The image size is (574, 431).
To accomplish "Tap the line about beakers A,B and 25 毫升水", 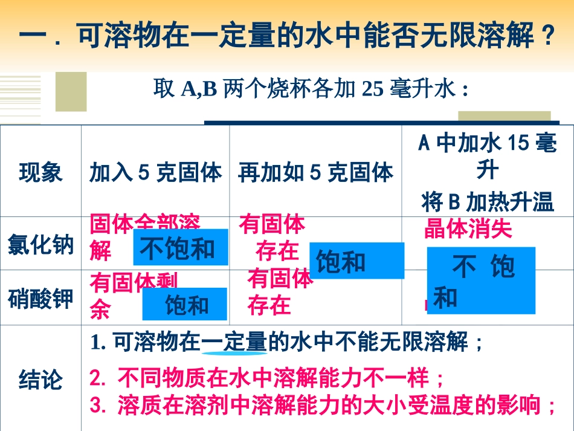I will (311, 90).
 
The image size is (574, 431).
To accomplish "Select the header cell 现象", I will (40, 173).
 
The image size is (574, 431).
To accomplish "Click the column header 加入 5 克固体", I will (155, 173).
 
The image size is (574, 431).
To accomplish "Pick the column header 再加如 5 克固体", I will (315, 173).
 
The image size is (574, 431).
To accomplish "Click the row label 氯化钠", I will (40, 245).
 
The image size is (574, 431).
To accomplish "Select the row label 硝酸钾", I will (40, 299).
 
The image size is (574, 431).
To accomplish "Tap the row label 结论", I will (40, 380).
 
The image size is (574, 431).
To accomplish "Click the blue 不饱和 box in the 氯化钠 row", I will (181, 248).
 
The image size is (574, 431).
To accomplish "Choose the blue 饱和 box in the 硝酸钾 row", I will (185, 304).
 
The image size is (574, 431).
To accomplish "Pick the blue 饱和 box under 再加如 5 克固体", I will (356, 261).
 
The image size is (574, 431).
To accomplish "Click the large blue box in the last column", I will (481, 280).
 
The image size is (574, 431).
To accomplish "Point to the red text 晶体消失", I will (468, 229).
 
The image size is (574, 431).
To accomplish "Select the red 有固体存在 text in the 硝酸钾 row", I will (280, 292).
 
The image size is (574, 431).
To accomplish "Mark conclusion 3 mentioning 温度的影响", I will (323, 404).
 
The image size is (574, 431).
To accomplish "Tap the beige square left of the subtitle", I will (71, 92).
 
